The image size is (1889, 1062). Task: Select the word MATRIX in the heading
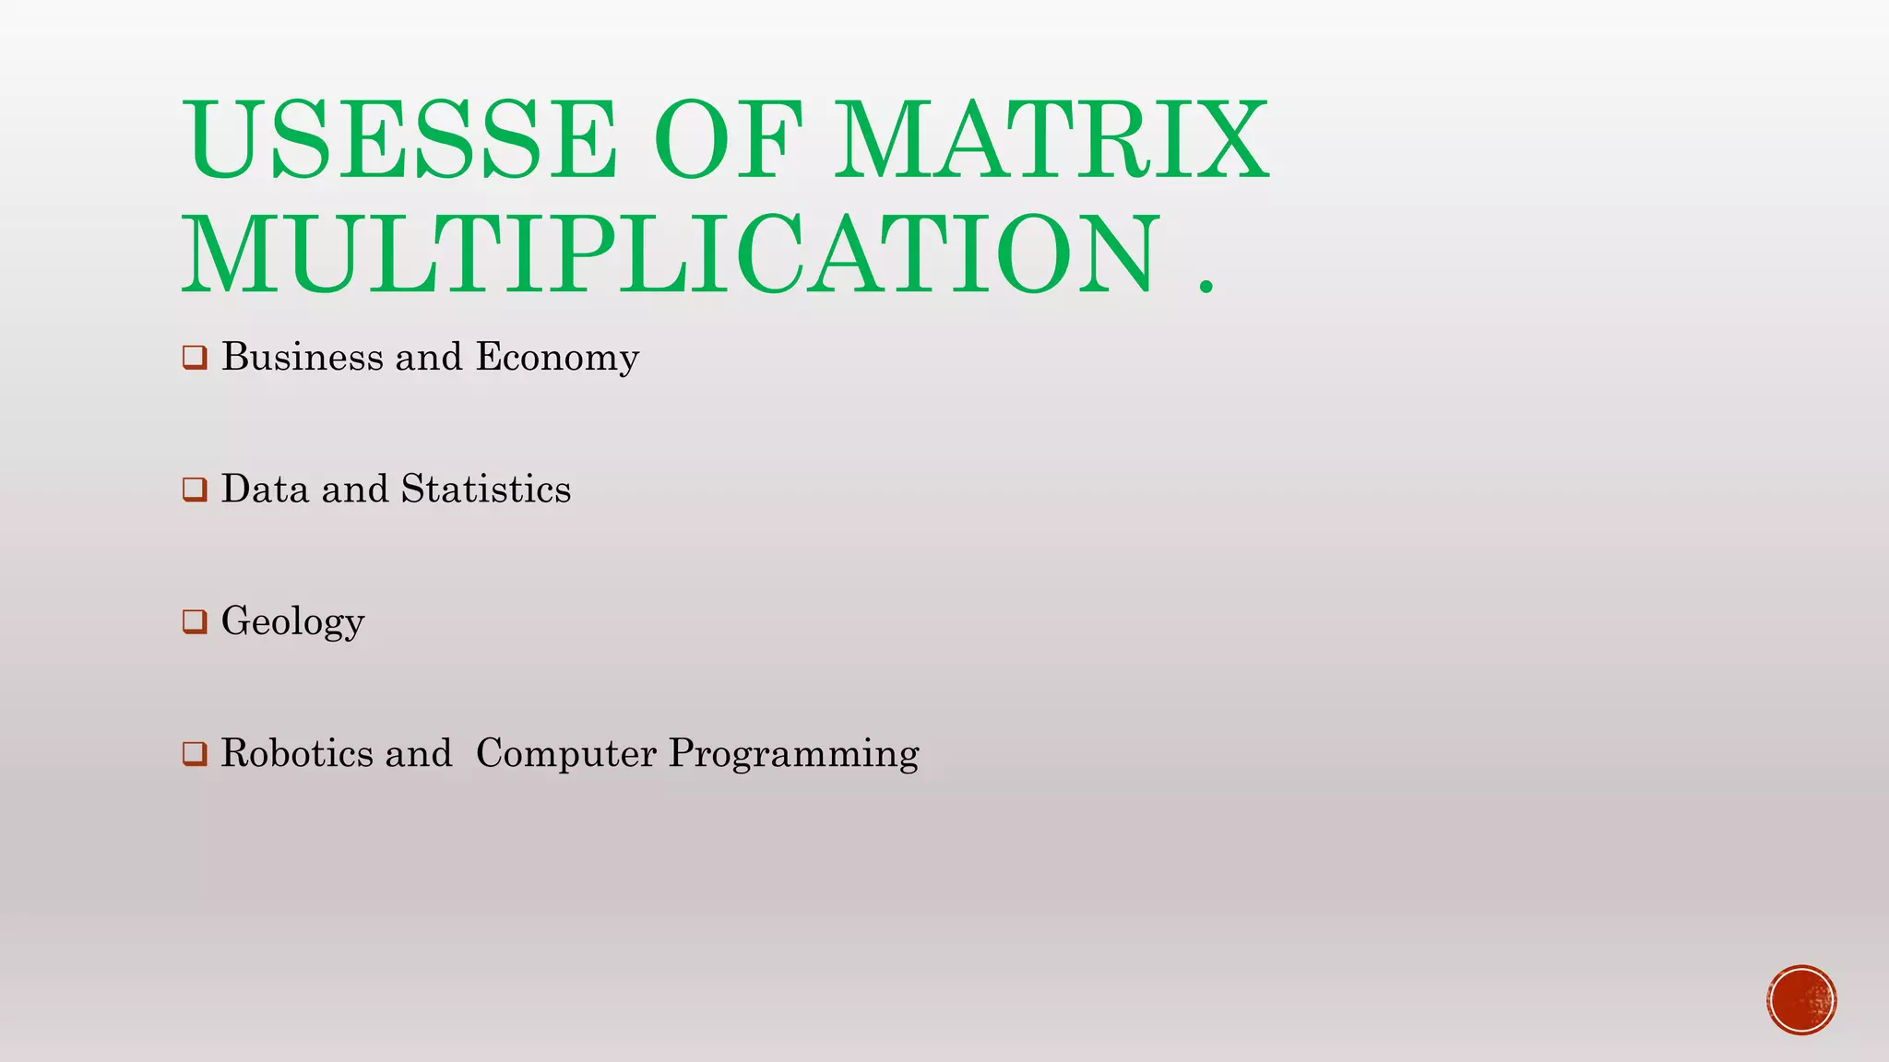pyautogui.click(x=1051, y=140)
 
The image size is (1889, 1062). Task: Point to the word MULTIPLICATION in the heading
pyautogui.click(x=671, y=254)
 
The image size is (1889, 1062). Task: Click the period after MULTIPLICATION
pyautogui.click(x=1206, y=286)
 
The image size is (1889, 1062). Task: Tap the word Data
pyautogui.click(x=265, y=489)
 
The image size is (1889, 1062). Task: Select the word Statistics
pyautogui.click(x=486, y=489)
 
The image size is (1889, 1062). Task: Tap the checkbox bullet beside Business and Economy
pyautogui.click(x=195, y=357)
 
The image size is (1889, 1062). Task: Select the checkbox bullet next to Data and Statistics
pyautogui.click(x=195, y=490)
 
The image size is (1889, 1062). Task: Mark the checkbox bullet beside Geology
pyautogui.click(x=195, y=621)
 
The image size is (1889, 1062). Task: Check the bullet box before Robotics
pyautogui.click(x=195, y=753)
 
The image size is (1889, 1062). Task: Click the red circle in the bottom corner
pyautogui.click(x=1801, y=1000)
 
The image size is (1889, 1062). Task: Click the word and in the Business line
pyautogui.click(x=428, y=357)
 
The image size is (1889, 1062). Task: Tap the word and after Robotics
pyautogui.click(x=419, y=753)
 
